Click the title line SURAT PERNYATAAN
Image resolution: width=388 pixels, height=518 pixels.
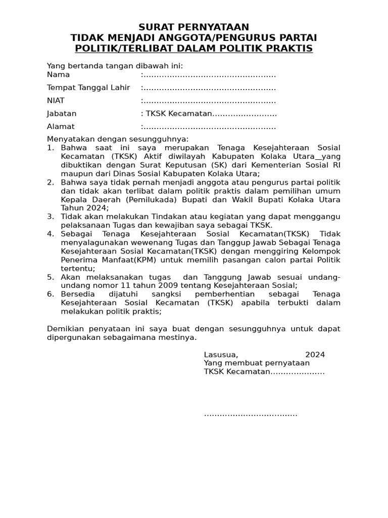[194, 27]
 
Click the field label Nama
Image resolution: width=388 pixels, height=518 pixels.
[58, 75]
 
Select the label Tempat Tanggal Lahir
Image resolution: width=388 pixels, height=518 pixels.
[88, 88]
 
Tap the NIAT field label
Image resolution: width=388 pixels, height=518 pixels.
[56, 101]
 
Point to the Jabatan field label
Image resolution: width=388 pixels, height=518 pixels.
[62, 113]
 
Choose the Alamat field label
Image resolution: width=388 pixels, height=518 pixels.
[61, 126]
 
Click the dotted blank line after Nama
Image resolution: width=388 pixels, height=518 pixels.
[209, 75]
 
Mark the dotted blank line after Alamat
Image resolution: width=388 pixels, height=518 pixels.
[209, 127]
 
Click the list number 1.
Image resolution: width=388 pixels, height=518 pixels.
[50, 148]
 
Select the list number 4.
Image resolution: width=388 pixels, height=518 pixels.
[50, 234]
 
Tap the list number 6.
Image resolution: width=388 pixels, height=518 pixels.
[50, 294]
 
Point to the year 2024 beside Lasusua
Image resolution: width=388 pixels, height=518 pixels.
[315, 354]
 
